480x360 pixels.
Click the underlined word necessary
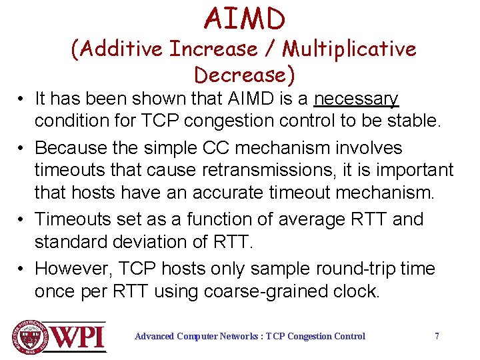tap(356, 99)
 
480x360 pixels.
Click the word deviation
tap(161, 241)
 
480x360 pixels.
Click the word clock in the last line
tap(356, 291)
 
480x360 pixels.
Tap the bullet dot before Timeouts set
tap(22, 219)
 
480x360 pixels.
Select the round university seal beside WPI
tap(29, 337)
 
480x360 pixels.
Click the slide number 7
tap(437, 336)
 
